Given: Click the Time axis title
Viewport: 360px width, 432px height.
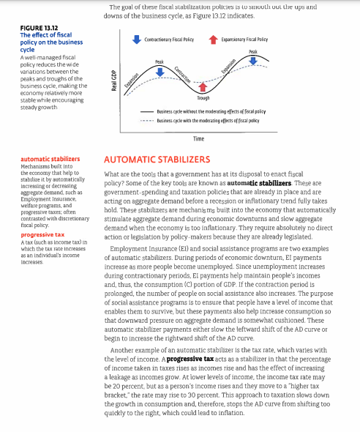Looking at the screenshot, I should (x=198, y=138).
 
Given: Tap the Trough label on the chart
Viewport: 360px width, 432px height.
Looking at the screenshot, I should (x=203, y=97).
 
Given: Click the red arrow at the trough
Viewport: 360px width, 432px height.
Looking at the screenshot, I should (x=203, y=87).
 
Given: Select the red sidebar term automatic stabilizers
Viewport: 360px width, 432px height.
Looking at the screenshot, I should (x=50, y=158).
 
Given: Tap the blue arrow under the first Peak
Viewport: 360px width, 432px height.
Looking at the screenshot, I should (x=160, y=72).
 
